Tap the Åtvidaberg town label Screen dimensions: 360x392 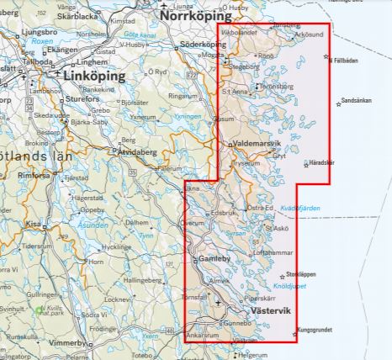coord(138,153)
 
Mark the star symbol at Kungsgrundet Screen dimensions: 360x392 coord(297,330)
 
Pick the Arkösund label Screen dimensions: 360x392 coord(309,35)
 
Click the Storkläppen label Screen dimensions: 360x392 coord(300,274)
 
